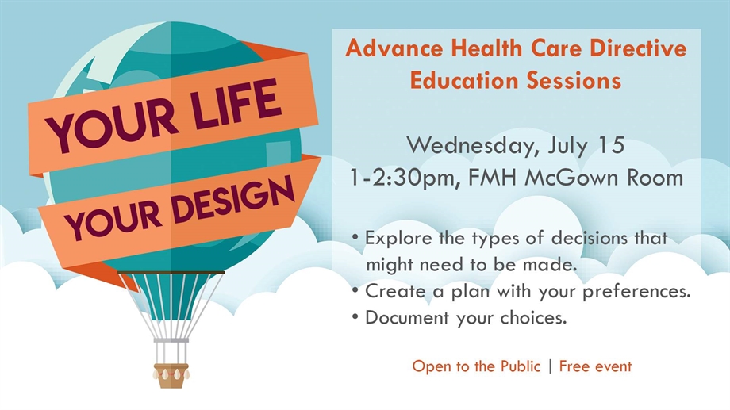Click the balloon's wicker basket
click(x=171, y=375)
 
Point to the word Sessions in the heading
click(x=574, y=80)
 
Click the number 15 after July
click(x=611, y=145)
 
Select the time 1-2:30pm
click(x=405, y=178)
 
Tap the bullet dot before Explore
click(x=355, y=237)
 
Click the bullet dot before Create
click(x=355, y=291)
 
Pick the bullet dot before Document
click(x=355, y=317)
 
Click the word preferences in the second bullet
click(x=636, y=292)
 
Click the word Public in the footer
click(x=521, y=366)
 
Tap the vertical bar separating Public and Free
click(x=551, y=366)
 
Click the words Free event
click(x=595, y=366)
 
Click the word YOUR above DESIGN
click(x=114, y=224)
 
